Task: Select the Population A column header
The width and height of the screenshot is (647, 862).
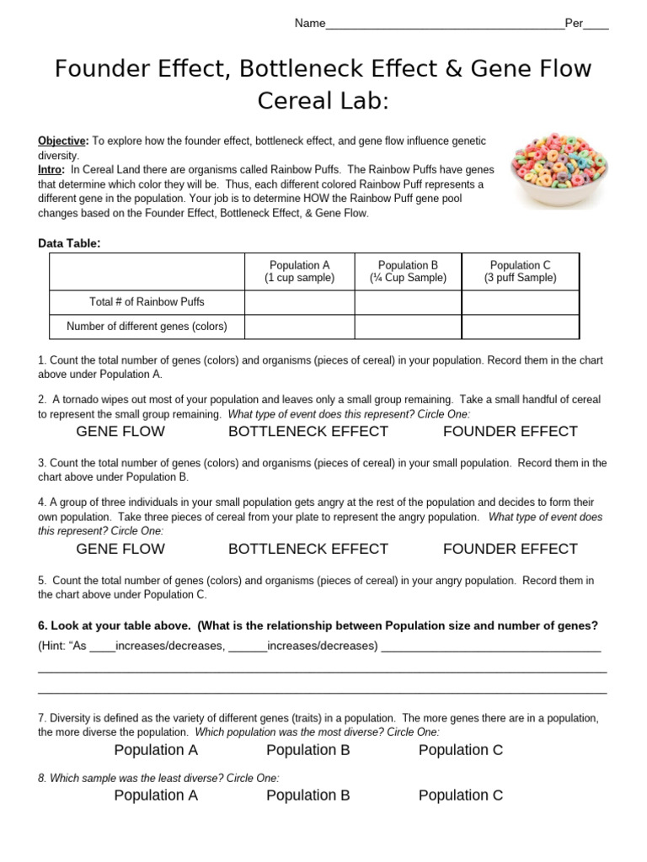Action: (299, 271)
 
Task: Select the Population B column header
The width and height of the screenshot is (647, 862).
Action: (408, 271)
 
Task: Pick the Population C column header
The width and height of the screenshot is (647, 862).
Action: (520, 271)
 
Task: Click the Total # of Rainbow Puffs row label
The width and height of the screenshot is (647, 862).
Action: (147, 302)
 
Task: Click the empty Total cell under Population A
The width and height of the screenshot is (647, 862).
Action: (299, 302)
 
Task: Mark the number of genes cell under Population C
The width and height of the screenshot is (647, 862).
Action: (520, 327)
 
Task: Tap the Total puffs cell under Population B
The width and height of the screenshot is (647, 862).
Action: (408, 302)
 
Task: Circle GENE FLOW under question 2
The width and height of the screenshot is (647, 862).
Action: (120, 432)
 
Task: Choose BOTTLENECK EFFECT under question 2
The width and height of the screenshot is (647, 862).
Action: (308, 432)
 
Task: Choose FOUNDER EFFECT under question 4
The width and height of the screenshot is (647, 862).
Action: (511, 549)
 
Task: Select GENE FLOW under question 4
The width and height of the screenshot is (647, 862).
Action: (120, 549)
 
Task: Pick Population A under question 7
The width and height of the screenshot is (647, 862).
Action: (156, 750)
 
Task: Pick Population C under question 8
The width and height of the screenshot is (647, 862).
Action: (461, 795)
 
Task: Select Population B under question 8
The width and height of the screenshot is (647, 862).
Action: (308, 795)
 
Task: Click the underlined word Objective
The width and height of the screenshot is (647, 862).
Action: (62, 141)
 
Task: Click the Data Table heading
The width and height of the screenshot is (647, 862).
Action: (69, 243)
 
